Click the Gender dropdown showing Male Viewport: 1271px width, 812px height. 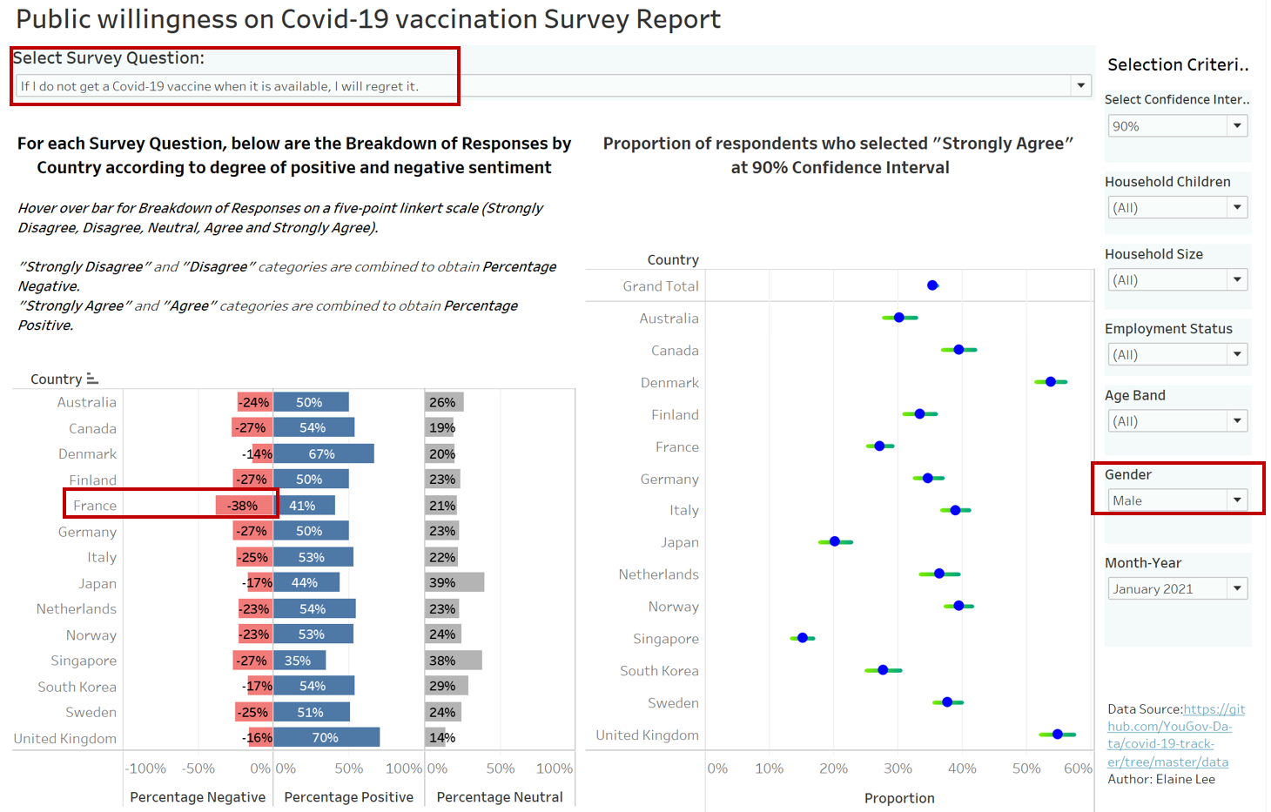pyautogui.click(x=1178, y=500)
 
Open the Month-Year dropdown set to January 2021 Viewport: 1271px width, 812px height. pyautogui.click(x=1178, y=589)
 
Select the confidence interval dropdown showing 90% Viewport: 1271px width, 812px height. pyautogui.click(x=1178, y=126)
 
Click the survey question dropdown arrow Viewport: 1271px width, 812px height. pyautogui.click(x=1080, y=85)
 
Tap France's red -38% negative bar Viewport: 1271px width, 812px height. pyautogui.click(x=245, y=506)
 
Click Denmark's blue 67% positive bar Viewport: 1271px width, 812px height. pyautogui.click(x=324, y=454)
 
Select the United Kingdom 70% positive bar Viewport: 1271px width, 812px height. pyautogui.click(x=326, y=738)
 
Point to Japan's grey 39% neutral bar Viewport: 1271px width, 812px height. pyautogui.click(x=454, y=583)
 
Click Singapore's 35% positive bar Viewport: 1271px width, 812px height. pyautogui.click(x=299, y=661)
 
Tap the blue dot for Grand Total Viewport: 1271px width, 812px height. pyautogui.click(x=932, y=285)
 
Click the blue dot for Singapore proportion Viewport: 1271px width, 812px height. pyautogui.click(x=803, y=638)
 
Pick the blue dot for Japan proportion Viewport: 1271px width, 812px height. pyautogui.click(x=835, y=541)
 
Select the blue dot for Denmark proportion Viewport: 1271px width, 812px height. pyautogui.click(x=1051, y=382)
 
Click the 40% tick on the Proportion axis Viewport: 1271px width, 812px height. pyautogui.click(x=962, y=768)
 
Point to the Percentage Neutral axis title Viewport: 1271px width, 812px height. pyautogui.click(x=500, y=797)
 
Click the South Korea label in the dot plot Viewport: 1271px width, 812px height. pyautogui.click(x=659, y=671)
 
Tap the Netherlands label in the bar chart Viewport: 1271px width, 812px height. pyautogui.click(x=77, y=609)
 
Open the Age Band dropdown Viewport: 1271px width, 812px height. pyautogui.click(x=1178, y=421)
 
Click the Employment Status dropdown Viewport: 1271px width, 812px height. pyautogui.click(x=1178, y=355)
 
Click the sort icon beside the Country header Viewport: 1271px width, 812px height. pyautogui.click(x=92, y=379)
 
